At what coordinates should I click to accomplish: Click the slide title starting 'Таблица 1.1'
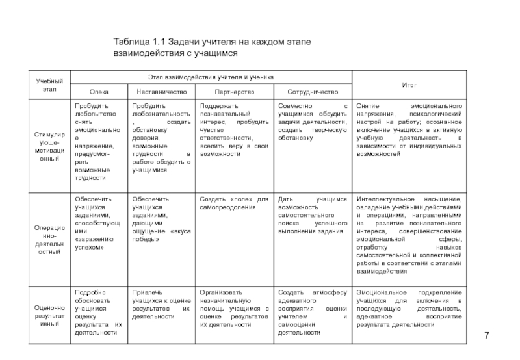[x=212, y=47]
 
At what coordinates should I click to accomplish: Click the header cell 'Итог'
[x=409, y=84]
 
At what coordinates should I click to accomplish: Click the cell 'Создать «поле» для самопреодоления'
[x=233, y=202]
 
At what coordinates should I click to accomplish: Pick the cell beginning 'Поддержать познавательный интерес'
[x=233, y=129]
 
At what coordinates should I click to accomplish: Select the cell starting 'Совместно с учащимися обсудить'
[x=313, y=121]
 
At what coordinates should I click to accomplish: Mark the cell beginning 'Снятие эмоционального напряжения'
[x=409, y=129]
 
